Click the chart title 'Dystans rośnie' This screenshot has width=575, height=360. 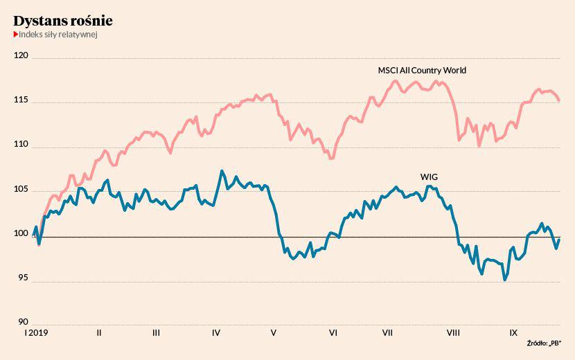[x=63, y=21]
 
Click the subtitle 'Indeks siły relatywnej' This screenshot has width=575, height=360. [x=57, y=35]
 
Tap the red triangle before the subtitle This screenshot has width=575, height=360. [x=15, y=35]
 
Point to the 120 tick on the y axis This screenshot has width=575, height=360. [x=22, y=55]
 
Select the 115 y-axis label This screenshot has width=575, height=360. [x=22, y=100]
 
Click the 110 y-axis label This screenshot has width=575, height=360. [x=22, y=145]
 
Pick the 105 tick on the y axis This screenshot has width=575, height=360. [x=22, y=189]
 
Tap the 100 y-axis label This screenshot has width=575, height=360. [x=22, y=233]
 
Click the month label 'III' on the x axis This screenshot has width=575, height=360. [x=156, y=333]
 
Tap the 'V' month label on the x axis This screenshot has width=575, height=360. [x=274, y=333]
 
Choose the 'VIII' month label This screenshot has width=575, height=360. [x=453, y=333]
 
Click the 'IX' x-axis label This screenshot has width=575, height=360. [x=513, y=333]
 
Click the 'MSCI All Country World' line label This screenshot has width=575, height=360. [x=422, y=71]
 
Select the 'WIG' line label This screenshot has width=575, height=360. [x=430, y=177]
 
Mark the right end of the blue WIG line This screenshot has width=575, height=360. [x=560, y=240]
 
